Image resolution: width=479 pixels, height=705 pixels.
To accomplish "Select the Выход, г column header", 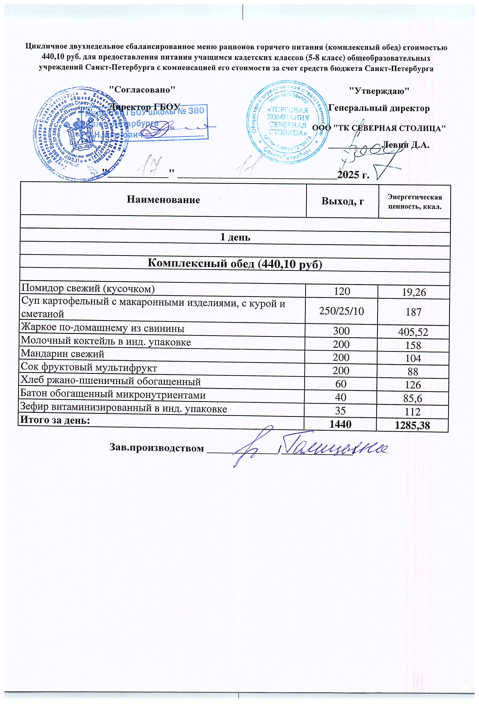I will point(343,201).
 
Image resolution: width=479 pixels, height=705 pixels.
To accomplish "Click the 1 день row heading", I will point(235,237).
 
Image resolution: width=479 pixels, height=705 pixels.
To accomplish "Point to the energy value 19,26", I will point(414,292).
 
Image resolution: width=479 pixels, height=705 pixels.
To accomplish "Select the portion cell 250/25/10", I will point(341,311).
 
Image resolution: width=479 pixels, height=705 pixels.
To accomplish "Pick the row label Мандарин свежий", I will point(63,354).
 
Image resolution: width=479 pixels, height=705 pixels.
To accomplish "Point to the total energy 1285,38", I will point(412,426).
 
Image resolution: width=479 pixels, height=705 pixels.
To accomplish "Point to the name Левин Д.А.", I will point(406,145).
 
